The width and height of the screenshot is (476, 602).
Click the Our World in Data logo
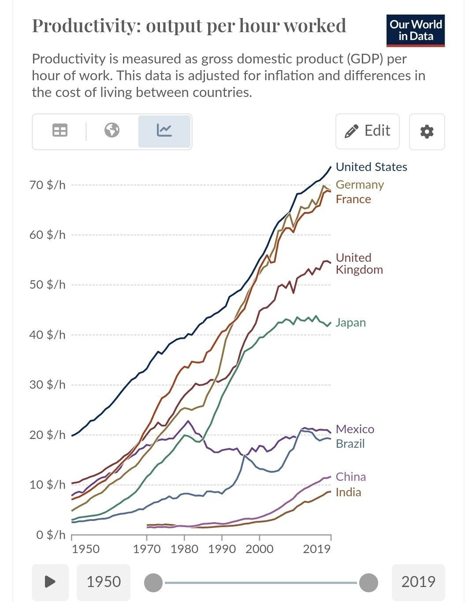point(415,30)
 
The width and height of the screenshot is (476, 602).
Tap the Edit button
point(368,131)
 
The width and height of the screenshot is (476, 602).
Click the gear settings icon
point(427,131)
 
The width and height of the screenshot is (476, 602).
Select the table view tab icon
point(60,130)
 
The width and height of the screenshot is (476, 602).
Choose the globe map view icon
point(112,130)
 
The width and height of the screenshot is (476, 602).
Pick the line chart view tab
point(164,131)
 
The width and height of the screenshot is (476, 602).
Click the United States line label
point(371,167)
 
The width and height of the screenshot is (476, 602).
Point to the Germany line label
point(360,185)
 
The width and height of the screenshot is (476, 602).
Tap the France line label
point(353,199)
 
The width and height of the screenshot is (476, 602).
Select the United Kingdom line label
point(359,264)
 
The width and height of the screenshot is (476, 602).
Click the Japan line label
point(350,323)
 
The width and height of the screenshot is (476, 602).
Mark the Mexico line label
point(355,429)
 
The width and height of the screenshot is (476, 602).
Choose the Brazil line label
point(350,444)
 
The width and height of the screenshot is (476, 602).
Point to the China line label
point(350,477)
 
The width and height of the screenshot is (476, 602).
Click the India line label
point(348,492)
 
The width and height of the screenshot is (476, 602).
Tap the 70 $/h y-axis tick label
point(47,185)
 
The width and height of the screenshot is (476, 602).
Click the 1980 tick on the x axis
point(185,549)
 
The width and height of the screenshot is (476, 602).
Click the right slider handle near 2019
point(368,583)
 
